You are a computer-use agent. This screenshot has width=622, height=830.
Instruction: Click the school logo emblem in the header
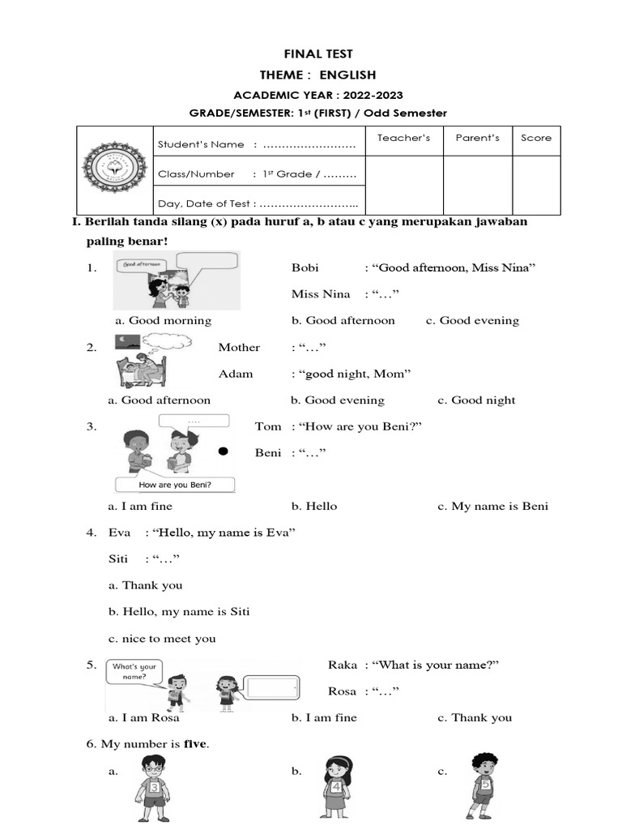coord(114,170)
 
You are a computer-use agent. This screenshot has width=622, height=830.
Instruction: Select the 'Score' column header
coord(536,138)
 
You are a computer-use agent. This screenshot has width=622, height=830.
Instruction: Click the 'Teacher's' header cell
coord(403,138)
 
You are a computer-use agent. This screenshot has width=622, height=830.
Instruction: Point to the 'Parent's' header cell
coord(478,138)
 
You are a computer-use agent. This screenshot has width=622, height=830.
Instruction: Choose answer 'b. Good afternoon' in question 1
coord(343,321)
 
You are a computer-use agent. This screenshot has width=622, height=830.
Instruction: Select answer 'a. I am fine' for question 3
coord(140,507)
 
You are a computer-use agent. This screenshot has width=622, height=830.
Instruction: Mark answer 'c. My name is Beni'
coord(492,507)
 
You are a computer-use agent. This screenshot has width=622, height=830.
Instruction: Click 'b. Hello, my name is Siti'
coord(178,612)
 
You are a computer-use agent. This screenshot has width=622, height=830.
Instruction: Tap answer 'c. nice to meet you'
coord(162,639)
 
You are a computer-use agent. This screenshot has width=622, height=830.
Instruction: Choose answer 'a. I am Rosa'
coord(144,718)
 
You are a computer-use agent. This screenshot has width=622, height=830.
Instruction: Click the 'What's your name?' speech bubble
coord(134,671)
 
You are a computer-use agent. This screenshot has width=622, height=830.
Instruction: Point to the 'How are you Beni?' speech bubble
coord(175,485)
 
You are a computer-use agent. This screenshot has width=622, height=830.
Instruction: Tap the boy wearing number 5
coord(484,785)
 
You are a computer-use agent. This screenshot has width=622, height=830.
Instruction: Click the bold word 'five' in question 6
coord(195,744)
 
